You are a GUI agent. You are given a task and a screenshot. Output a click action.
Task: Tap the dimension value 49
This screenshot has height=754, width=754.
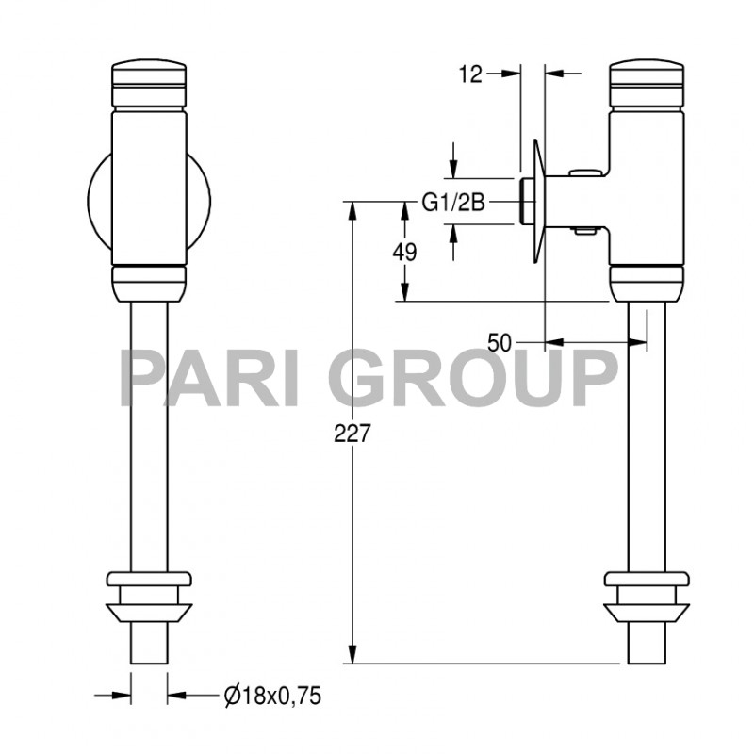tap(406, 252)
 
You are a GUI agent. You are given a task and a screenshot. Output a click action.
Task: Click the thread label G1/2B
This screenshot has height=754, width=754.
tap(452, 202)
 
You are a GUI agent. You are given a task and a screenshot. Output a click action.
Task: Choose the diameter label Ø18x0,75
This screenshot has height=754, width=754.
tap(272, 697)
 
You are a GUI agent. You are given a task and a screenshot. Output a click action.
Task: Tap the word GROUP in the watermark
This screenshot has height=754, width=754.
tap(472, 377)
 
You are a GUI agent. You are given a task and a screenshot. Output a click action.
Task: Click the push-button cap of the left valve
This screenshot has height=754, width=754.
tap(149, 84)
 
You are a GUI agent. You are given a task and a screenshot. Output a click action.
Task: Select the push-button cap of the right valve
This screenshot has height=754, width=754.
tap(646, 84)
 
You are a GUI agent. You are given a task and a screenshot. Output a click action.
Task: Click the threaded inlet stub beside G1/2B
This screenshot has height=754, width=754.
tap(526, 201)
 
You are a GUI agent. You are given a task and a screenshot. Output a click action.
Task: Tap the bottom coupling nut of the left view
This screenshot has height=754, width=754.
tap(150, 596)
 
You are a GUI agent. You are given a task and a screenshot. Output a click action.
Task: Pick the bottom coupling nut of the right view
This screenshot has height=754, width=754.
tap(646, 596)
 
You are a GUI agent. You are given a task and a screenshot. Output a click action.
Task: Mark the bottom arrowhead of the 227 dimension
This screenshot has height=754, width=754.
tap(352, 656)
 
